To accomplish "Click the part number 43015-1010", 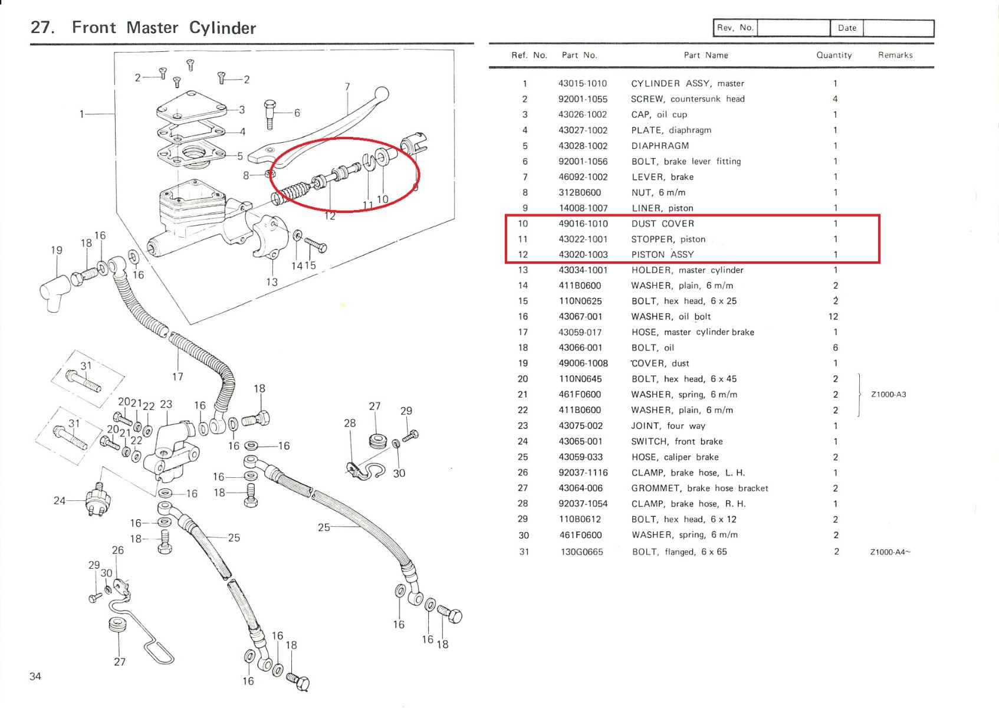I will click(582, 84).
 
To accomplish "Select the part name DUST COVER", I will click(662, 224).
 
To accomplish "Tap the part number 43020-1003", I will click(583, 255).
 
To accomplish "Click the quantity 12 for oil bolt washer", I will click(833, 317).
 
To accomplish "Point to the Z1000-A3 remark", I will click(888, 395).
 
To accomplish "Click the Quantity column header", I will click(833, 55).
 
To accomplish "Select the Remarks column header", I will click(895, 55).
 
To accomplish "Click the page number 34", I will click(35, 676).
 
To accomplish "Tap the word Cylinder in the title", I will click(222, 28).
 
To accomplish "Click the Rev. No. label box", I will click(735, 28).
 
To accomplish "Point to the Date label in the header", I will click(846, 28).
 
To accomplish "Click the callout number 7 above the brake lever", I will click(347, 87).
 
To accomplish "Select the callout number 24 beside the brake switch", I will click(59, 501).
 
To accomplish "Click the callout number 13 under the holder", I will click(271, 282).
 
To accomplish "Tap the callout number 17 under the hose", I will click(178, 376).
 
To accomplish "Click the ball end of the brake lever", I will click(382, 94).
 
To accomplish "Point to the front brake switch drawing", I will click(98, 501).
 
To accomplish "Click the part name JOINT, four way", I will click(668, 426).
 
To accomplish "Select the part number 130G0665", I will click(581, 552).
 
